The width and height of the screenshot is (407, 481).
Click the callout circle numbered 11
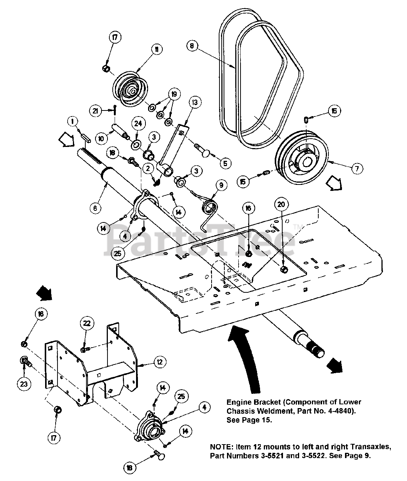155,49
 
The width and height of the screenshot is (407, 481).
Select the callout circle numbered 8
192,46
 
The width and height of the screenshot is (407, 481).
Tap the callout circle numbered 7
357,168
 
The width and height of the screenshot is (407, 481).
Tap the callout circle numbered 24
138,123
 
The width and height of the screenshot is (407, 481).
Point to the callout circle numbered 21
95,110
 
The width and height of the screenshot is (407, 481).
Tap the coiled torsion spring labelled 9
209,208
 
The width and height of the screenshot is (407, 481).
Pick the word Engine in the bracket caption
238,402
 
